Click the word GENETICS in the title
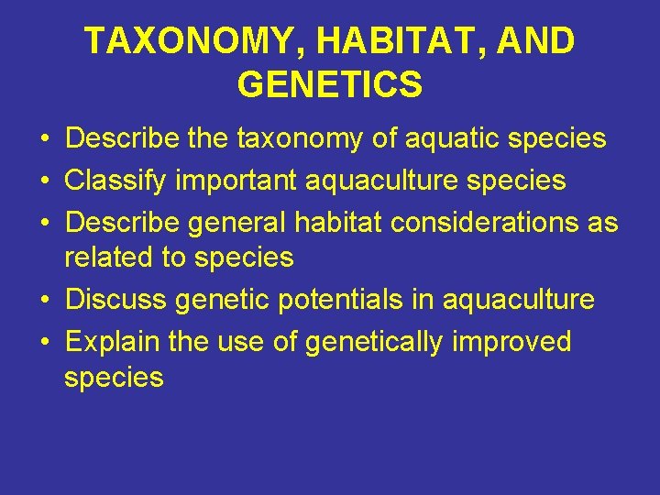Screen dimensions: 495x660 [329, 84]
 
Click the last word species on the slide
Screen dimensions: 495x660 [114, 378]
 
